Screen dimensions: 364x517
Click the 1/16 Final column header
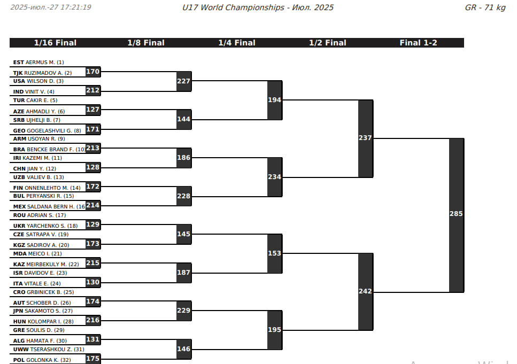click(55, 43)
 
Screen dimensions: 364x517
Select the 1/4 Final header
click(236, 43)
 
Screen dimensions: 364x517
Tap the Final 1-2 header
click(418, 43)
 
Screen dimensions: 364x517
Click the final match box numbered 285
click(456, 214)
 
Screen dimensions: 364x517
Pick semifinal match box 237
click(365, 138)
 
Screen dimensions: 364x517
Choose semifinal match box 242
click(365, 291)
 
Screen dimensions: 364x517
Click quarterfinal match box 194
click(274, 100)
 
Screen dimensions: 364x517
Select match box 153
click(274, 253)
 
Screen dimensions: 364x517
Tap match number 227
click(183, 81)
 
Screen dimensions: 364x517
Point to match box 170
click(92, 72)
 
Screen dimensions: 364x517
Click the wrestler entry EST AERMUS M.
click(38, 63)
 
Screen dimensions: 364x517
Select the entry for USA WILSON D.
click(38, 81)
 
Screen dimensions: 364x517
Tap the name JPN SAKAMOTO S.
click(42, 311)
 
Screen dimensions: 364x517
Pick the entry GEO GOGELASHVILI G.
click(47, 130)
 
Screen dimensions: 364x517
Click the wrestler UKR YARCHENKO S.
click(45, 226)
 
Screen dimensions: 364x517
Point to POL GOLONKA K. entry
click(41, 360)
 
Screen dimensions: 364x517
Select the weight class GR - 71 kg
click(485, 7)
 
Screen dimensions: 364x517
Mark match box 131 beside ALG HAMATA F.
click(92, 339)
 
